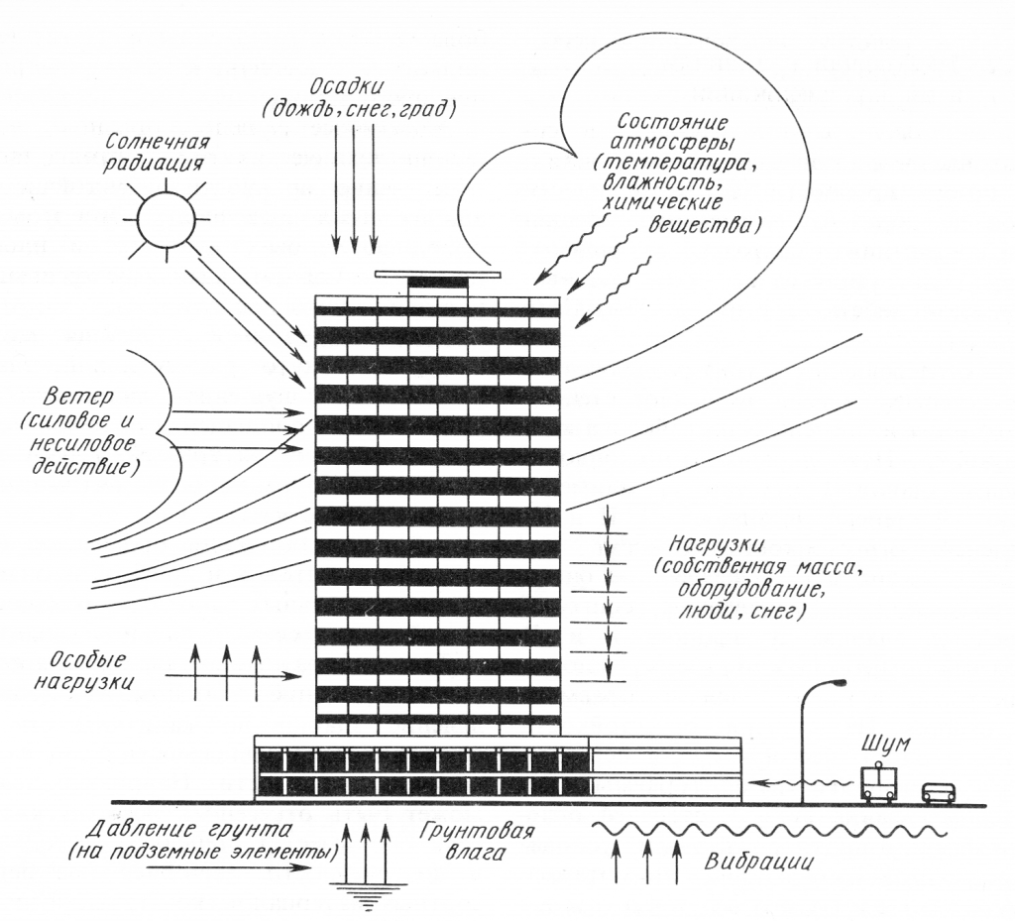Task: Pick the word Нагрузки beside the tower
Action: [x=712, y=544]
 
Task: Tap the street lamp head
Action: [x=838, y=683]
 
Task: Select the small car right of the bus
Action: [x=939, y=793]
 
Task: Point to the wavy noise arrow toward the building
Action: [x=803, y=781]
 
